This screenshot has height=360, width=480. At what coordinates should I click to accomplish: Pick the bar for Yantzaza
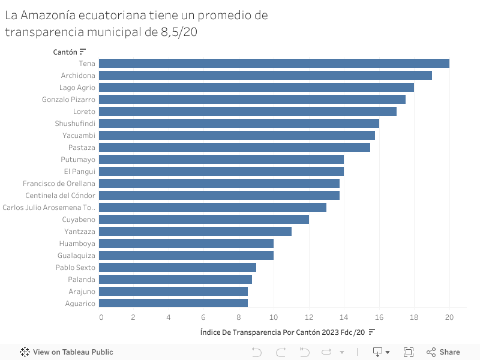coord(195,232)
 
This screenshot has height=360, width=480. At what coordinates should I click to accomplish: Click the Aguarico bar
coord(173,304)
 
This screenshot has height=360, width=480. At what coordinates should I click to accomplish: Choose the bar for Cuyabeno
coord(204,220)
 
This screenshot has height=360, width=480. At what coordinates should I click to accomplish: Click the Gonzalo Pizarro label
coord(68,100)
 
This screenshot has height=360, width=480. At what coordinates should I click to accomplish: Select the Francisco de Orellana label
coord(59,184)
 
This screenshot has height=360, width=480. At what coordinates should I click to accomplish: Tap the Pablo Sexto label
coord(75,268)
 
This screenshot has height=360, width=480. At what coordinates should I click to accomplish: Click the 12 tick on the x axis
coord(309,317)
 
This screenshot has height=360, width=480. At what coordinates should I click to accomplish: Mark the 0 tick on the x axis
coord(101,317)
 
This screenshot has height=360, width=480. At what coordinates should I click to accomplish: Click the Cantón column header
coord(65,52)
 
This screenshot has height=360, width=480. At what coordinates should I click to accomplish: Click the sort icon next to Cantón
coord(83,52)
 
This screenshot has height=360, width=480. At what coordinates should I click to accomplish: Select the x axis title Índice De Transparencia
coord(281,332)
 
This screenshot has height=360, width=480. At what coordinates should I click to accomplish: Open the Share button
coord(443,352)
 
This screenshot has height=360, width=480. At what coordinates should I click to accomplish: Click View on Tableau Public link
coord(67,352)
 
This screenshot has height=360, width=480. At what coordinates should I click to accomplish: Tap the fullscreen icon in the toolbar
coord(409,352)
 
